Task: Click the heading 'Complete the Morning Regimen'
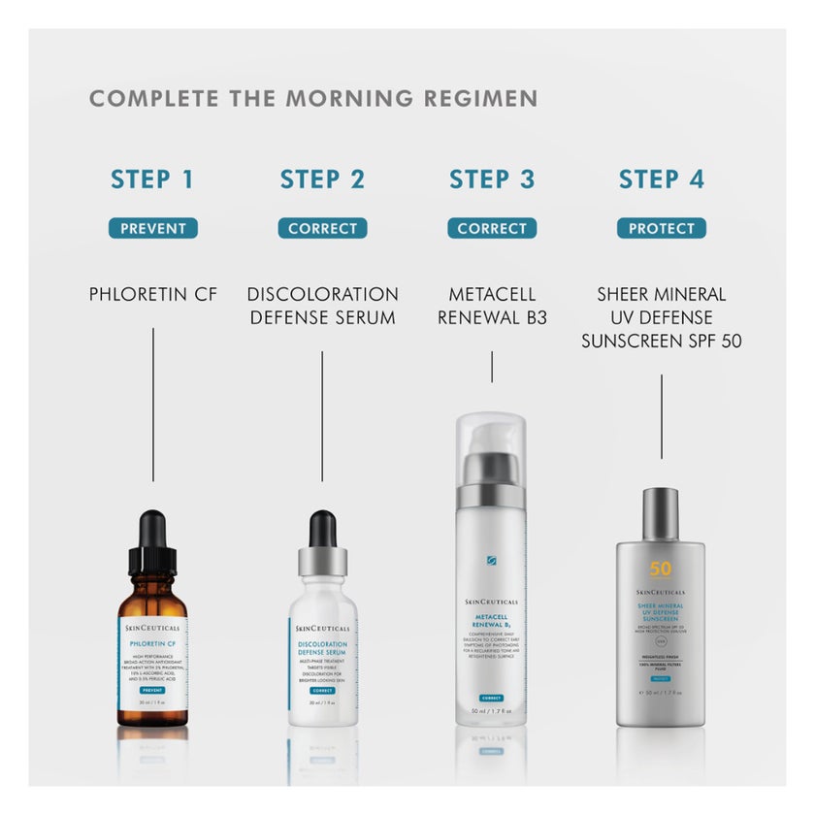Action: [313, 99]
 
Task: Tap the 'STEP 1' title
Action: [152, 179]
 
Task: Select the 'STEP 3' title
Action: [492, 179]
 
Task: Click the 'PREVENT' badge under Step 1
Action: [152, 229]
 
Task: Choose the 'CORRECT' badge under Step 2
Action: [322, 229]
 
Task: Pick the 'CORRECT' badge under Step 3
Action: [492, 229]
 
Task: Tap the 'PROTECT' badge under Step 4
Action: [662, 229]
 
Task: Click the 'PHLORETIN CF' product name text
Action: [152, 294]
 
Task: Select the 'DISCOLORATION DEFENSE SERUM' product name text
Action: [322, 306]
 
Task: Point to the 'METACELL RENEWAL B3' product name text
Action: [492, 306]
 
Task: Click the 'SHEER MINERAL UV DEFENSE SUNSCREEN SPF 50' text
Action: [662, 317]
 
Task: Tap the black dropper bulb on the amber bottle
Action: [153, 530]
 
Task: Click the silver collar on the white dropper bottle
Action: [322, 561]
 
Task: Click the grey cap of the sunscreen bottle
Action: [661, 514]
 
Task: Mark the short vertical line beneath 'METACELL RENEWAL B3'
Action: [492, 367]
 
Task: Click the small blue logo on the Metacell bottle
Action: [491, 561]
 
